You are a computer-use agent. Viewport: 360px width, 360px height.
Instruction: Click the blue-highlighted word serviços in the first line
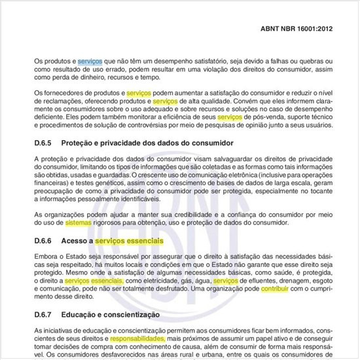click(90, 61)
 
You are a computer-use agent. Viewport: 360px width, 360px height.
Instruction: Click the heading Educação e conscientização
click(115, 315)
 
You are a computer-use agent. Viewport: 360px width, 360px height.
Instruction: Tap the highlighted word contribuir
click(279, 289)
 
